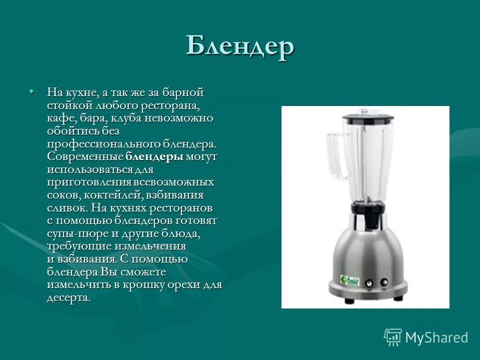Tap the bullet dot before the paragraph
coord(31,91)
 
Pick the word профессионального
coord(103,144)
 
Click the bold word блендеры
coord(154,157)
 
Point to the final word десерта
coord(69,298)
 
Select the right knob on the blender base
coord(384,282)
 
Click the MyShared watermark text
coord(436,337)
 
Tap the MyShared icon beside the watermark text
coord(393,337)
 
